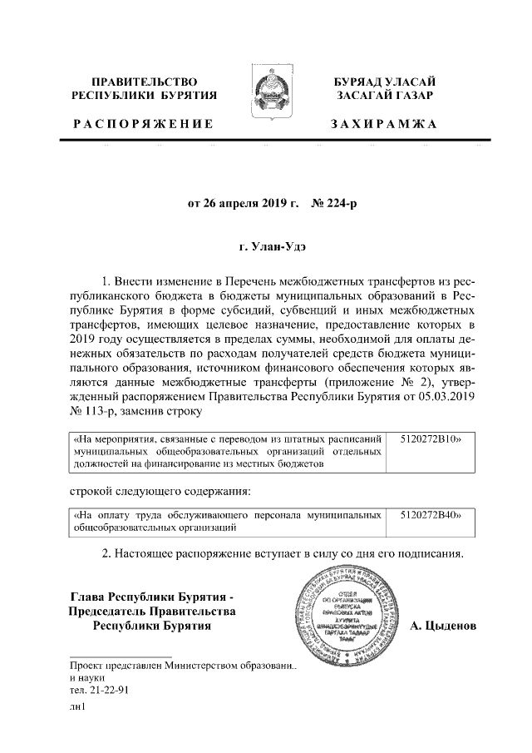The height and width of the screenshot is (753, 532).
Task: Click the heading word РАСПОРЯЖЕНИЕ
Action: [143, 124]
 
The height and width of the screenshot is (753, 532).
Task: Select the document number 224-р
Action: [335, 202]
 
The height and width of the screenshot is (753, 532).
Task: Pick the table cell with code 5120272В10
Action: [430, 436]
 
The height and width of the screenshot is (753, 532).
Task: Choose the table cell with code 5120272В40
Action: [430, 515]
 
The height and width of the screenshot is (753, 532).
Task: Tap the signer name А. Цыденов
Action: [443, 625]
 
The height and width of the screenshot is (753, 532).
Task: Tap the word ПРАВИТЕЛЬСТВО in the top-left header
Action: [144, 81]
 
